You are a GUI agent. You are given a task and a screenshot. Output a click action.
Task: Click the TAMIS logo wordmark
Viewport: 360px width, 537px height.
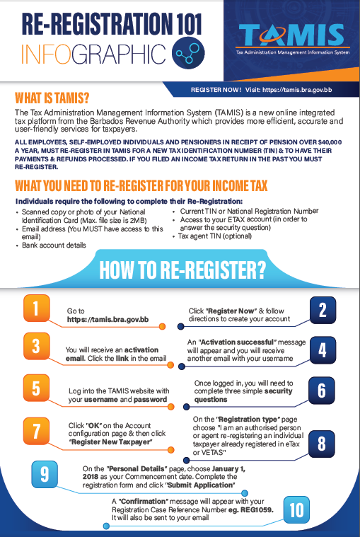tap(292, 35)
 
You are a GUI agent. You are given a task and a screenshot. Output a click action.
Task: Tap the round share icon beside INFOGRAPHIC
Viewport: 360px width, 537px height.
tap(188, 52)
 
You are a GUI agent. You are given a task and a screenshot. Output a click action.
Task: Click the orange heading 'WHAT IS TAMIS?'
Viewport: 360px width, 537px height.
tap(52, 98)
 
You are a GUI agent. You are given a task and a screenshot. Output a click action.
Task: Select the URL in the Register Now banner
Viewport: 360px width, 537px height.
tap(297, 90)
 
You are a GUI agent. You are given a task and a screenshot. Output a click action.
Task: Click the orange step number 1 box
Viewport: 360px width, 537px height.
tap(36, 308)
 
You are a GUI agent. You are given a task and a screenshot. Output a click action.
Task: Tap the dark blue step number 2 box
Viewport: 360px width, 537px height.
tap(323, 311)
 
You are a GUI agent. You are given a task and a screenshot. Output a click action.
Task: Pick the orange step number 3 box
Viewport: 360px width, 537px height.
tap(36, 346)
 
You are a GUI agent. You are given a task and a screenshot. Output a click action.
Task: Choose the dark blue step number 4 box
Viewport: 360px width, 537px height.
tap(323, 350)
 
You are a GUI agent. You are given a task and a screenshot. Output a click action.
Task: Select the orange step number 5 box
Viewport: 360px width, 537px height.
tap(36, 388)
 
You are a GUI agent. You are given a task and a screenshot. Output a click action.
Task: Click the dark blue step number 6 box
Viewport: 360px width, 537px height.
tap(322, 390)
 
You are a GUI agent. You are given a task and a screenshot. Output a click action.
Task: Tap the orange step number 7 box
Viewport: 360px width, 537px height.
tap(36, 431)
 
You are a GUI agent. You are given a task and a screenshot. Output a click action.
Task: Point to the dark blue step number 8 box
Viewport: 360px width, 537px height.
tap(322, 444)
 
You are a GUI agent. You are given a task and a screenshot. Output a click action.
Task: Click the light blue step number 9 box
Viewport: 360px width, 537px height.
tap(45, 474)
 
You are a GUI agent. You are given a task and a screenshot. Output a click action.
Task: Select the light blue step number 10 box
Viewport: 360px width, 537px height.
tap(296, 509)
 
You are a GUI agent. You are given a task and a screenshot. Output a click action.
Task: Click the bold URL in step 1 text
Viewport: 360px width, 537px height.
tap(108, 320)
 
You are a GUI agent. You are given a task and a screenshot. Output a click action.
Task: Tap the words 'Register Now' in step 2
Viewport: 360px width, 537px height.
tap(232, 311)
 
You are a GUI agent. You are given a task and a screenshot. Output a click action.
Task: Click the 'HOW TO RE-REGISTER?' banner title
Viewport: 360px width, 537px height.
tap(182, 270)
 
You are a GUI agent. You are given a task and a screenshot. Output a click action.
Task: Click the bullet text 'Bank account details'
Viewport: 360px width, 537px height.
tap(54, 246)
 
